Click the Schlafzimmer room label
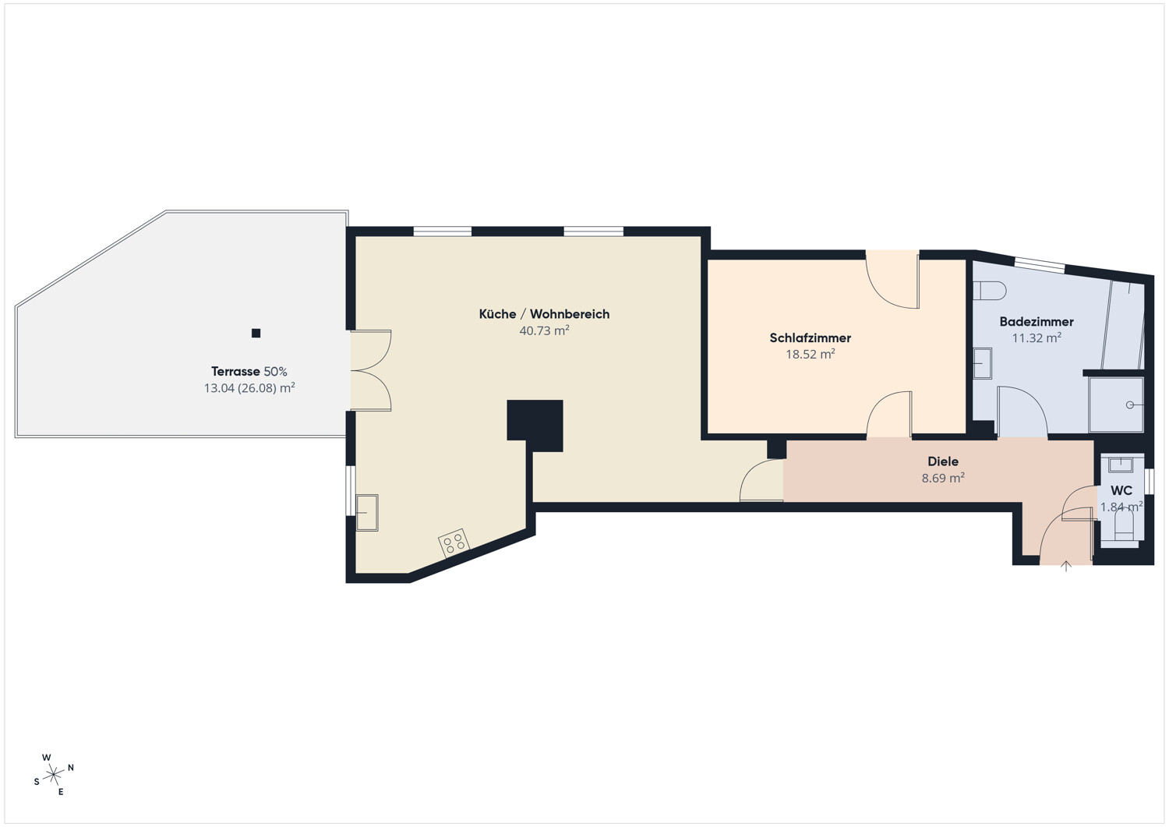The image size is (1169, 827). [810, 338]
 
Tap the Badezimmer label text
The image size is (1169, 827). [1037, 322]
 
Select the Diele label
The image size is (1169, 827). [943, 461]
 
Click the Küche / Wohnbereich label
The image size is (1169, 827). [544, 314]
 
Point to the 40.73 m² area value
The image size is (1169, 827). [544, 330]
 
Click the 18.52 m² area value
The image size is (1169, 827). [810, 354]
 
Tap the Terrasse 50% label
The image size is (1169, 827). [249, 371]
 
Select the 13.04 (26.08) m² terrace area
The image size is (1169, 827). [249, 388]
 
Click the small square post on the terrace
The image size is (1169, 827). [256, 333]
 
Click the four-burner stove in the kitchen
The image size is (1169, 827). [454, 543]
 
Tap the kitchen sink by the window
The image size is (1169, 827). [367, 513]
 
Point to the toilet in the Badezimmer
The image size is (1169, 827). [990, 291]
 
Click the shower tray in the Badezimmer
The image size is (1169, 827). [1116, 405]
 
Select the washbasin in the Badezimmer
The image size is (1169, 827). [983, 363]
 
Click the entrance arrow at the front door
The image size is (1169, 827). [1066, 566]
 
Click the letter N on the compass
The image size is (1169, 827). [71, 768]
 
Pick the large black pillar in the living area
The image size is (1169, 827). [535, 426]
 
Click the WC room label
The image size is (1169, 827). [1121, 491]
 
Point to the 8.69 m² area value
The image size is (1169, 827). [943, 478]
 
